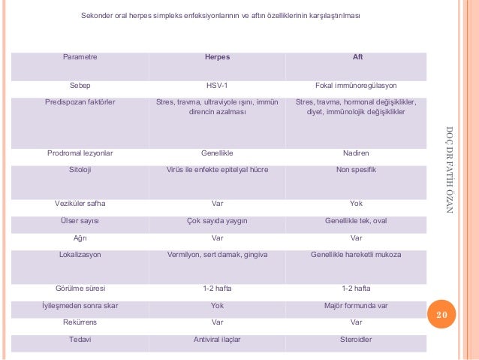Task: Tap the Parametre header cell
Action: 80,57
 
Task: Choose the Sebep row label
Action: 80,86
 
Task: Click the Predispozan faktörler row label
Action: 80,102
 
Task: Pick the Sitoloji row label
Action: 80,170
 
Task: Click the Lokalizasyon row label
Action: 80,255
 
